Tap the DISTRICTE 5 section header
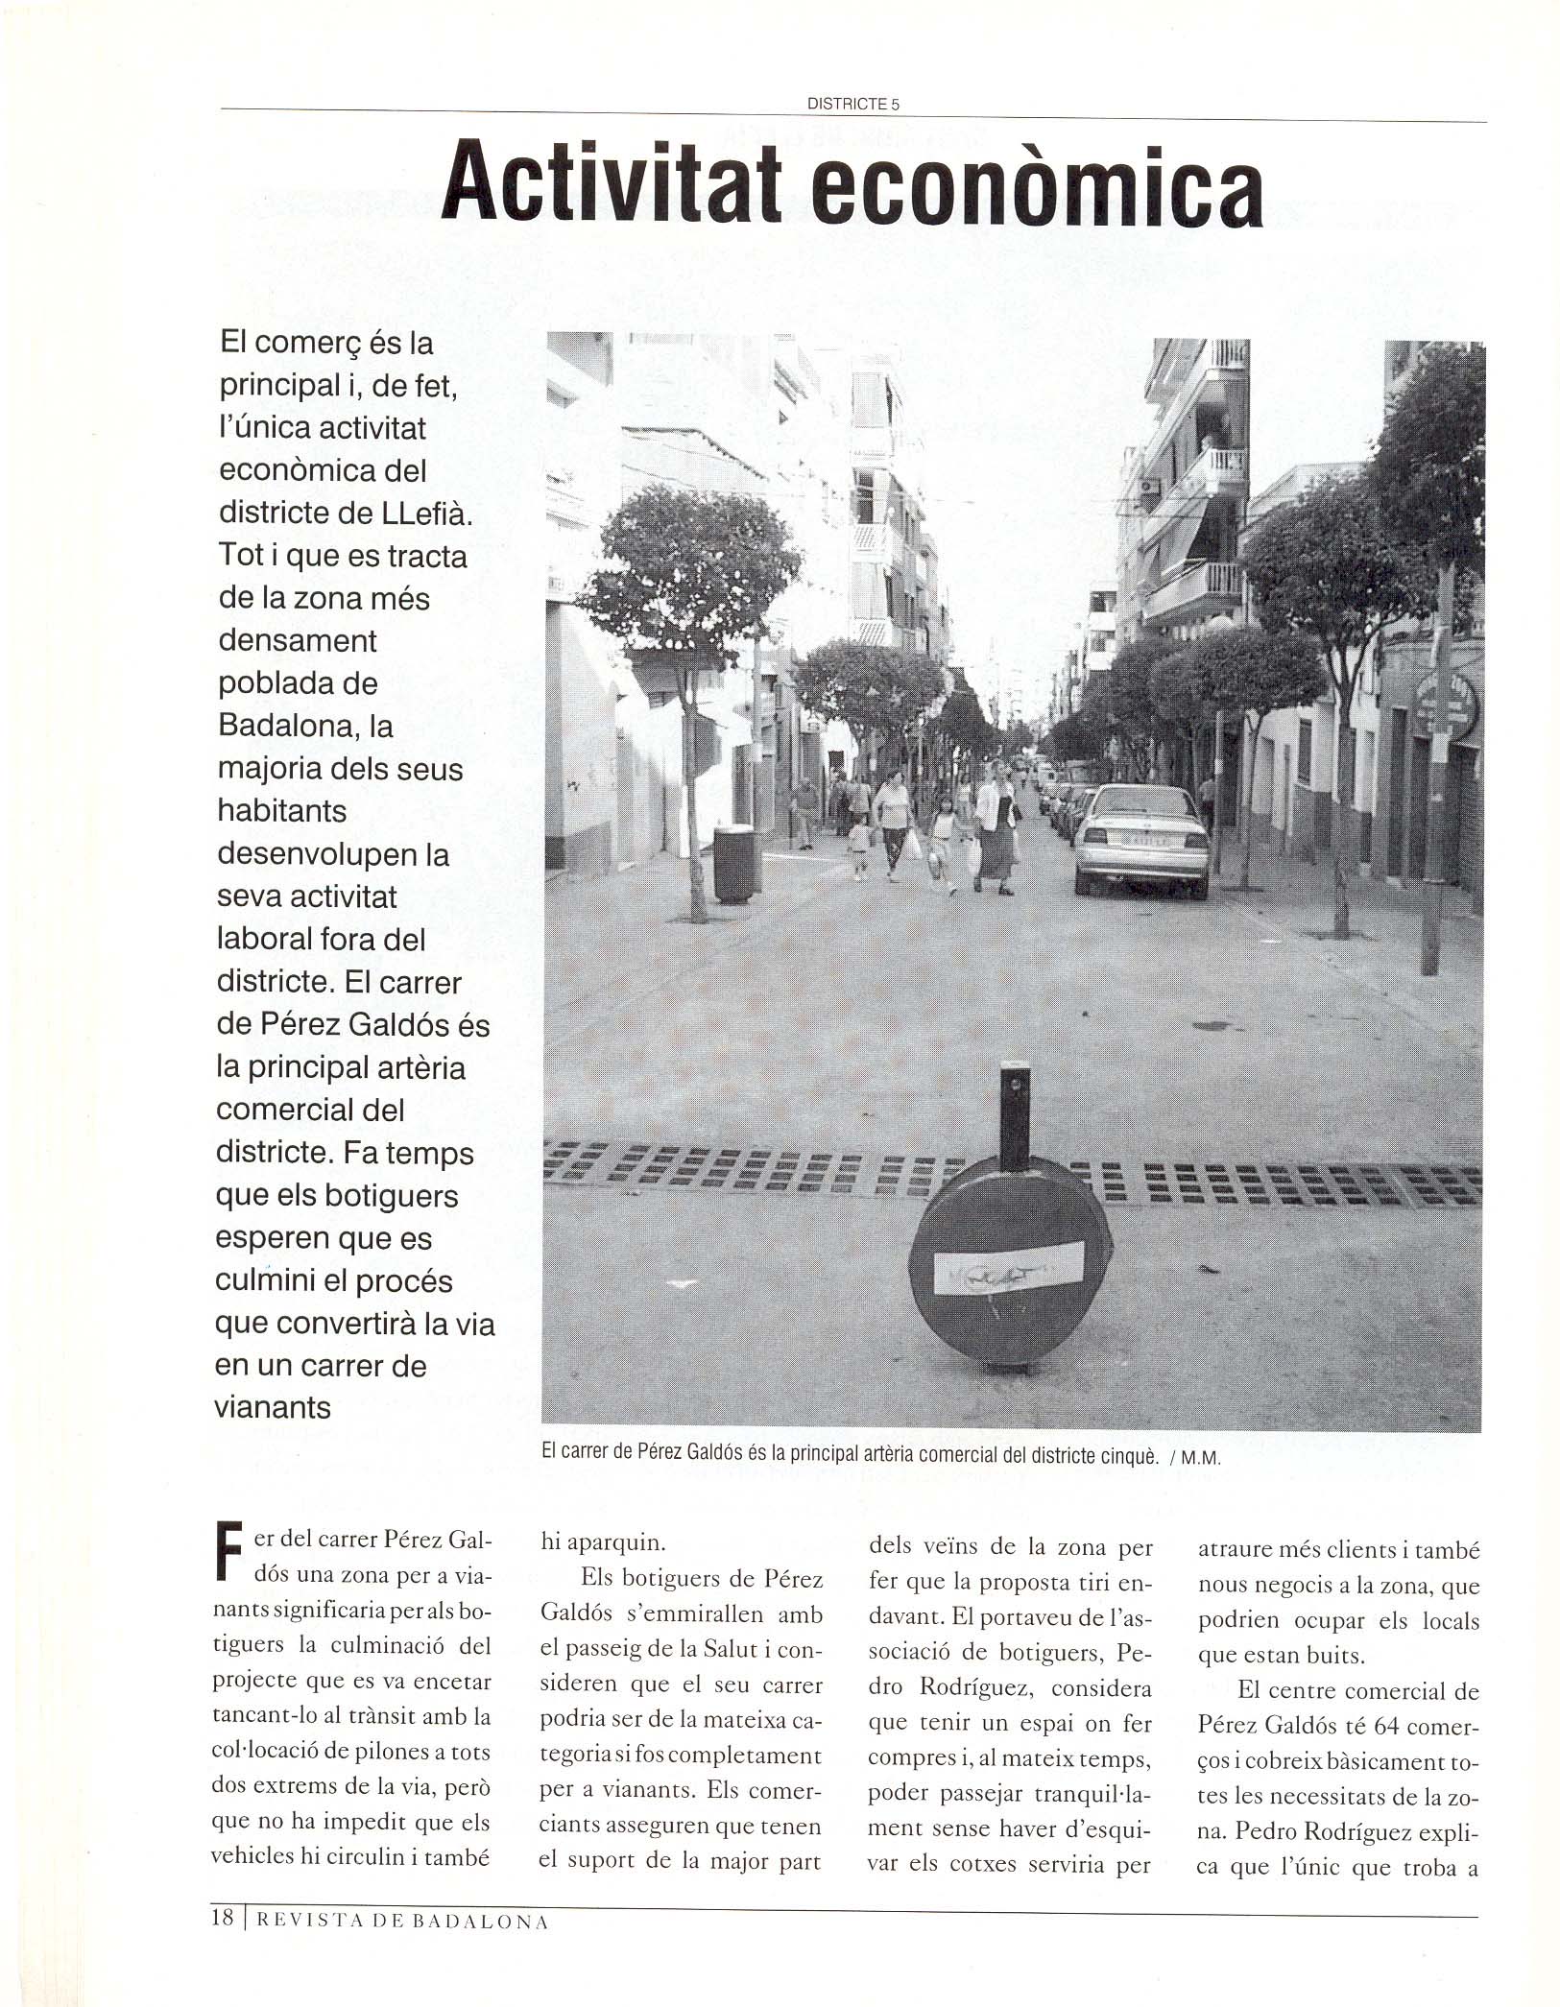coord(852,105)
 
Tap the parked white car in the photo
coord(1140,841)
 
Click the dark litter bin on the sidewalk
coord(732,863)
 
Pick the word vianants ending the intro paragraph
coord(273,1407)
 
